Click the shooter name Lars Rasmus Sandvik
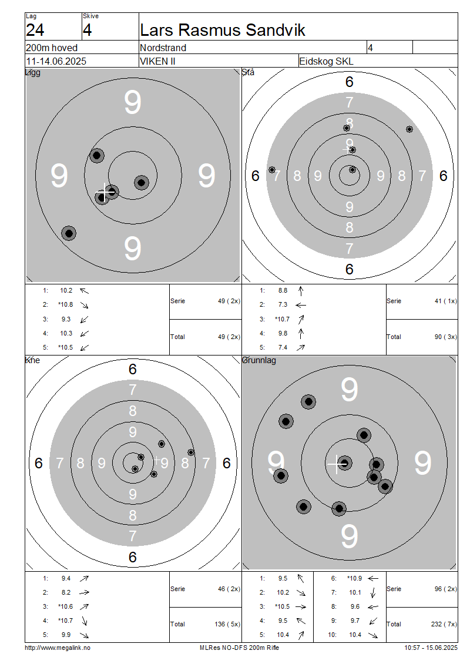222,30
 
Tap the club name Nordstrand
163,48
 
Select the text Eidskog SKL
326,61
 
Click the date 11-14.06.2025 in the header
56,61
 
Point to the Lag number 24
35,30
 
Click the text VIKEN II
157,61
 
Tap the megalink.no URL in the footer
58,648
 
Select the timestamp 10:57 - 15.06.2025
431,648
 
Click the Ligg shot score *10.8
66,304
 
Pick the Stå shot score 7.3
283,304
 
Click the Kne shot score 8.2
66,592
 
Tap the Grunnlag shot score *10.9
354,578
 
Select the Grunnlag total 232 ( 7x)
444,624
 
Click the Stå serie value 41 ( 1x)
446,301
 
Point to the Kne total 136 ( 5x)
227,624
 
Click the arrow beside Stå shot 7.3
301,305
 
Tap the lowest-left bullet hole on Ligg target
69,233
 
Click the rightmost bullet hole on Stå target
409,129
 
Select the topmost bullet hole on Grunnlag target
308,401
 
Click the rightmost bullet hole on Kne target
191,452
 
